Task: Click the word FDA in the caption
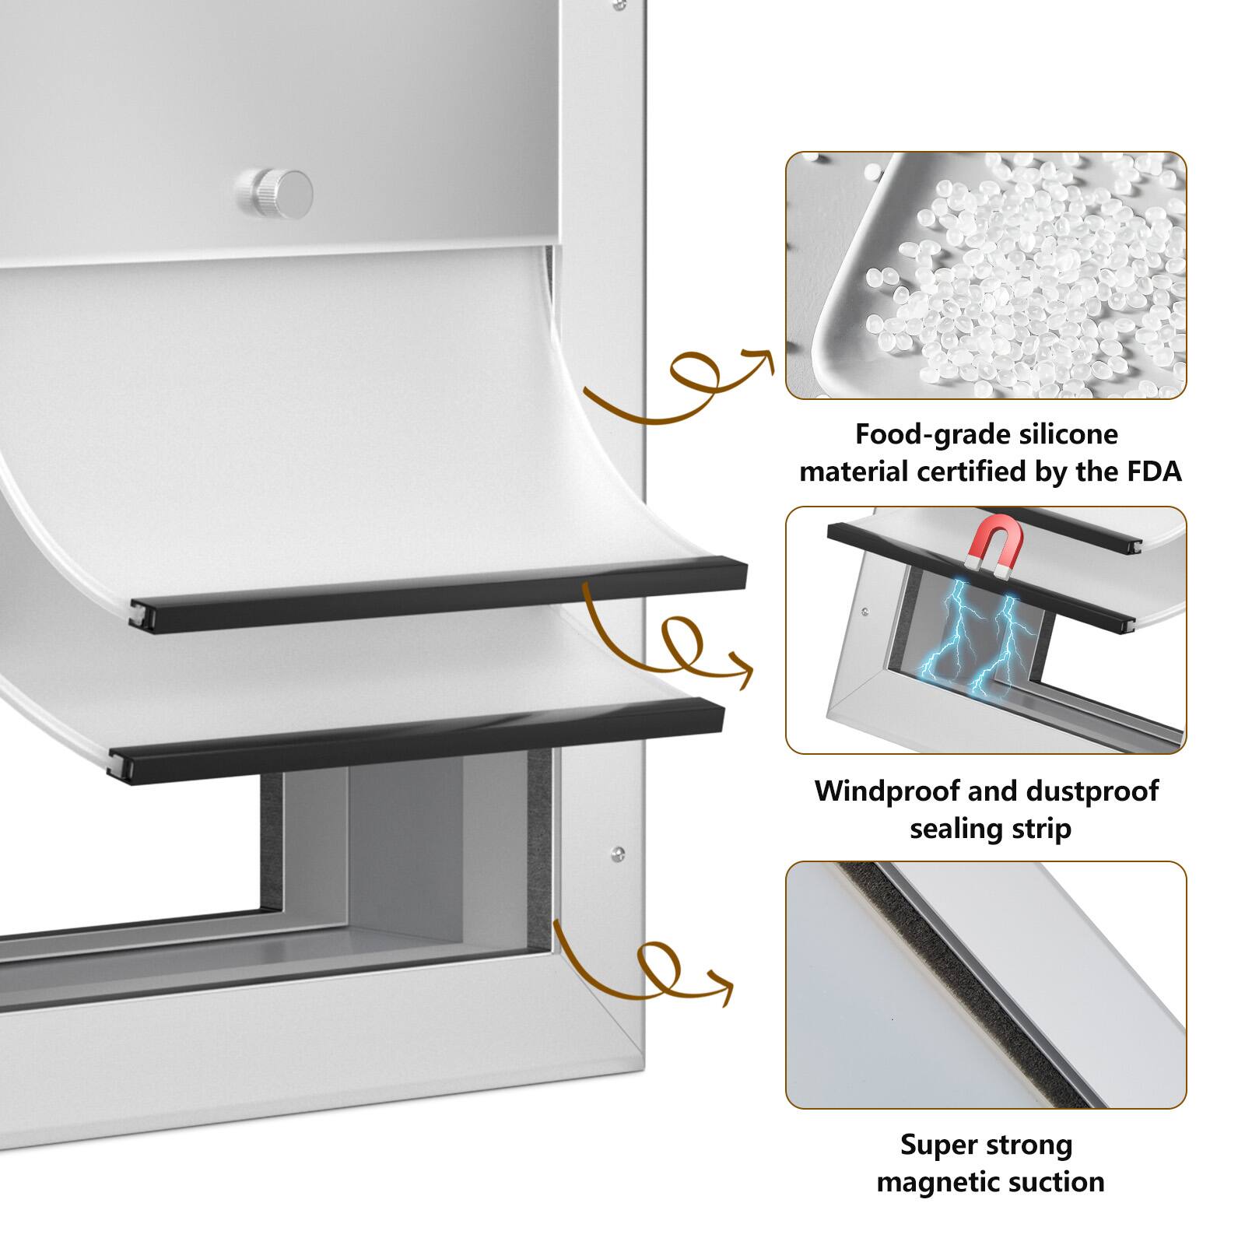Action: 1154,472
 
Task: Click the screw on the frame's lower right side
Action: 619,853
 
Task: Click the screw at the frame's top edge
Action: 619,5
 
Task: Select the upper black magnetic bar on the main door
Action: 436,595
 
